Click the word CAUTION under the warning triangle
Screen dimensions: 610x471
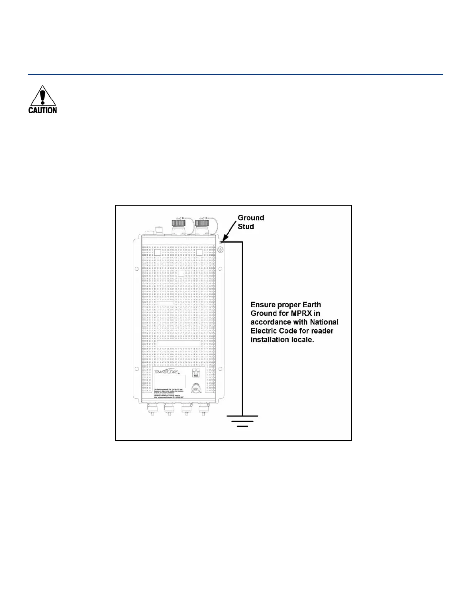pos(42,110)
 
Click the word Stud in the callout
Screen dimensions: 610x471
pos(246,226)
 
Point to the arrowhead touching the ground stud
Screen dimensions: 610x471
pos(223,240)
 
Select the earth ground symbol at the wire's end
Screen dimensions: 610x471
pos(242,421)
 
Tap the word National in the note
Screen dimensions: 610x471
pos(324,322)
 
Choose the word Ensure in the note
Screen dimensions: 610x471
pos(262,304)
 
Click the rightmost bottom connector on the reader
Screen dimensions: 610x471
pos(202,409)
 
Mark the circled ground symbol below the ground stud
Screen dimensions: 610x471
pos(221,250)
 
